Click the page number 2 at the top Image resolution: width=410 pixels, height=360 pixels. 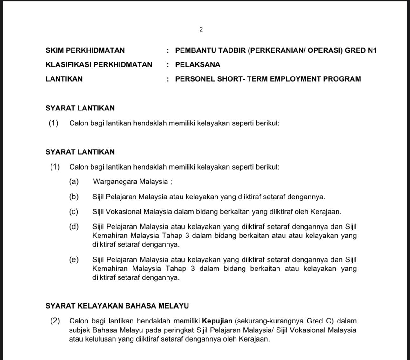tap(201, 30)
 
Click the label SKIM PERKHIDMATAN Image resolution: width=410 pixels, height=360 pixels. tap(85, 50)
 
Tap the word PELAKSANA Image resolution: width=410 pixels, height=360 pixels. tap(198, 65)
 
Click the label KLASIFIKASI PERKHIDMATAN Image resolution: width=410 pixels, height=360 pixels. tap(99, 65)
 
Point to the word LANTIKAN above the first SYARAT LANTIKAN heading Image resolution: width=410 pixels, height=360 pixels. tap(64, 79)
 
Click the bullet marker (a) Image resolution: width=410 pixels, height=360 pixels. tap(74, 182)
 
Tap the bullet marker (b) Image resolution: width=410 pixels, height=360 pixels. tap(74, 197)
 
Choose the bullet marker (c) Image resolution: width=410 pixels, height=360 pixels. tap(74, 212)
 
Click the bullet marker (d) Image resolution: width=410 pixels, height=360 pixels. tap(74, 227)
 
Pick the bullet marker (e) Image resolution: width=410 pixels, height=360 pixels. tap(74, 260)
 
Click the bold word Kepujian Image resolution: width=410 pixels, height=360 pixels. tap(217, 321)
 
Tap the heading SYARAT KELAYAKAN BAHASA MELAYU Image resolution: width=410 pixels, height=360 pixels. tap(117, 306)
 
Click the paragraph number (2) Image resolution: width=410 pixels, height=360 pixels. tap(55, 321)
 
